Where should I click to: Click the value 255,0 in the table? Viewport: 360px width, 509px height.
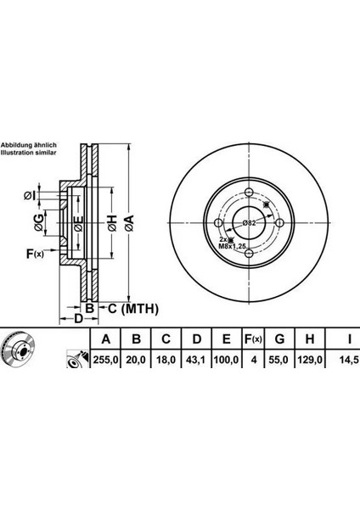[105, 360]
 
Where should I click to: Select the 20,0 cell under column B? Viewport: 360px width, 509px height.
[136, 360]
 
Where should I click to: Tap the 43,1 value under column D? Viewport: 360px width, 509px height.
[196, 360]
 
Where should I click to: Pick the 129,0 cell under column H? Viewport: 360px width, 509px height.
[310, 360]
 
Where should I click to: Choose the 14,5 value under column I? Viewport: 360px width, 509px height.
[350, 360]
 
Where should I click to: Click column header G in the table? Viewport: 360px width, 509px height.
[279, 339]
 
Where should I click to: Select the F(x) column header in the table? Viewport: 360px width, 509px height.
[253, 339]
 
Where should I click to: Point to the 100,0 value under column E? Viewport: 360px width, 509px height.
[227, 360]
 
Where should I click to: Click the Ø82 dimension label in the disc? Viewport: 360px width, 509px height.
[250, 223]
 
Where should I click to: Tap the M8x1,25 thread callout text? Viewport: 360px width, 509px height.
[231, 247]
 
